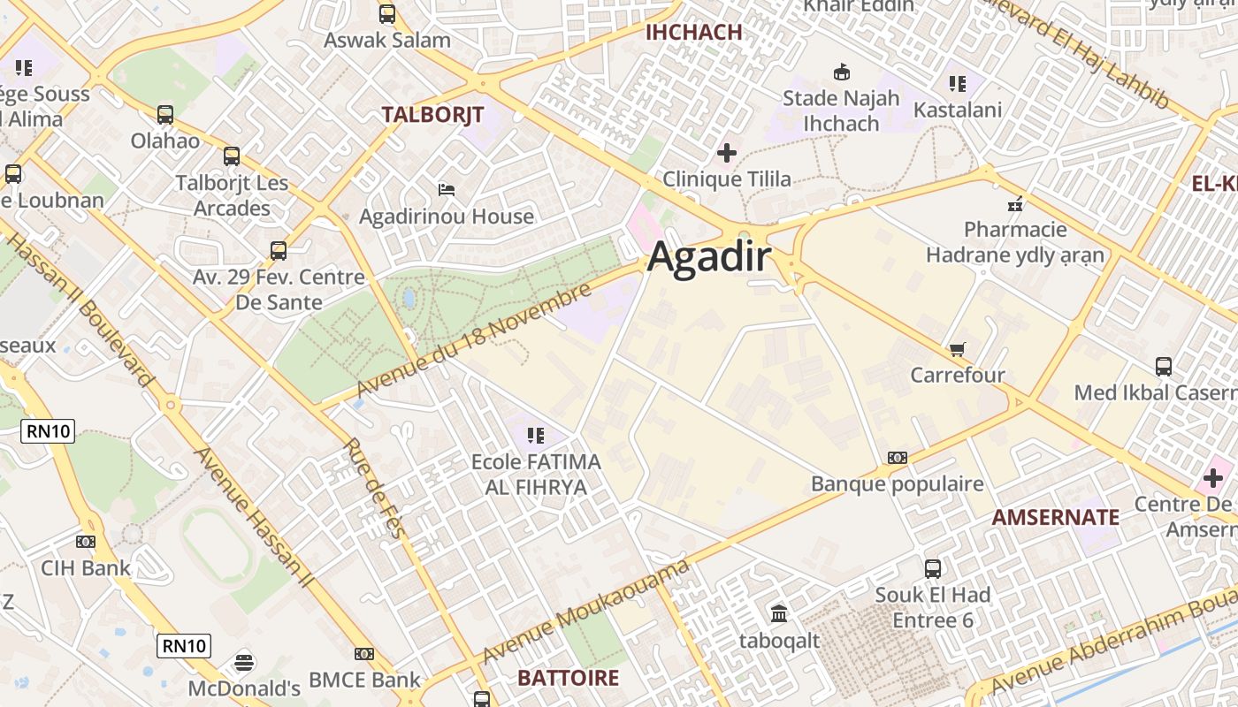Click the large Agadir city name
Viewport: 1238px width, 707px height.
[709, 258]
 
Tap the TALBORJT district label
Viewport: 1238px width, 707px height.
[432, 114]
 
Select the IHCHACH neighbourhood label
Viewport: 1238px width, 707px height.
[694, 33]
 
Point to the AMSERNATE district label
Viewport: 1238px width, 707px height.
[1055, 517]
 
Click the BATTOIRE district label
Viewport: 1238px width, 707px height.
[568, 678]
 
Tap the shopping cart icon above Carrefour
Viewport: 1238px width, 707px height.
[957, 350]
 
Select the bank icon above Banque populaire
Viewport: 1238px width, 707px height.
[897, 458]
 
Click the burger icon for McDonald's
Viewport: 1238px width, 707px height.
[244, 661]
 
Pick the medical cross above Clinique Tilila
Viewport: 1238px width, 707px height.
[726, 153]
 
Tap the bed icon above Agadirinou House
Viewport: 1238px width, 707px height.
[447, 190]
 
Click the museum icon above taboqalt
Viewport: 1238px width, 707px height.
[779, 613]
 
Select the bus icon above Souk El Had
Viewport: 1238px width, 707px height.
[933, 568]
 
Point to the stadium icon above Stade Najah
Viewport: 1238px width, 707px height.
[841, 72]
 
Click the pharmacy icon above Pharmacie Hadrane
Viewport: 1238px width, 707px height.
[1015, 204]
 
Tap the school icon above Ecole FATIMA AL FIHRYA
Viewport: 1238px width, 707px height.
[535, 435]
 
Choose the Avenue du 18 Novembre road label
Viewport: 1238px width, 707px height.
[472, 341]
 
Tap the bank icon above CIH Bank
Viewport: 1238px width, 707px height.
[86, 541]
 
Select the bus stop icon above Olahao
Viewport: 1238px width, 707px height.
[165, 114]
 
